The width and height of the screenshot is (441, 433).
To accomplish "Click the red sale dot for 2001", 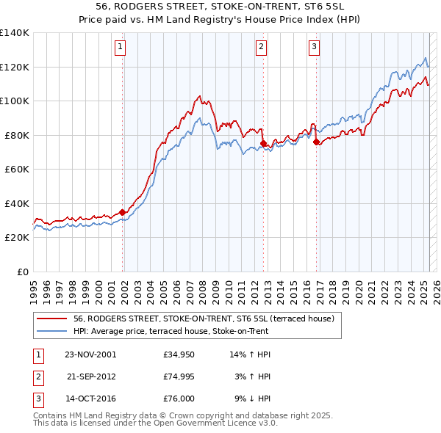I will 123,212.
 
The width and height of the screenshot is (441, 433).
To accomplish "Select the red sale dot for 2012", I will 263,143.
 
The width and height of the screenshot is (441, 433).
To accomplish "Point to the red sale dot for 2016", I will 316,142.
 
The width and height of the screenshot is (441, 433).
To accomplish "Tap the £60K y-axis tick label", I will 17,170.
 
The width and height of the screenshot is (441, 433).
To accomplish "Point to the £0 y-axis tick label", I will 22,272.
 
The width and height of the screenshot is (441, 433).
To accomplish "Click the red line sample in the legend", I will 51,319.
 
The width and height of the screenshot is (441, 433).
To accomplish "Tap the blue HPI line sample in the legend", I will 51,331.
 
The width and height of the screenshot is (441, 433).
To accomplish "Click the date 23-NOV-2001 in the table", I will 90,354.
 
